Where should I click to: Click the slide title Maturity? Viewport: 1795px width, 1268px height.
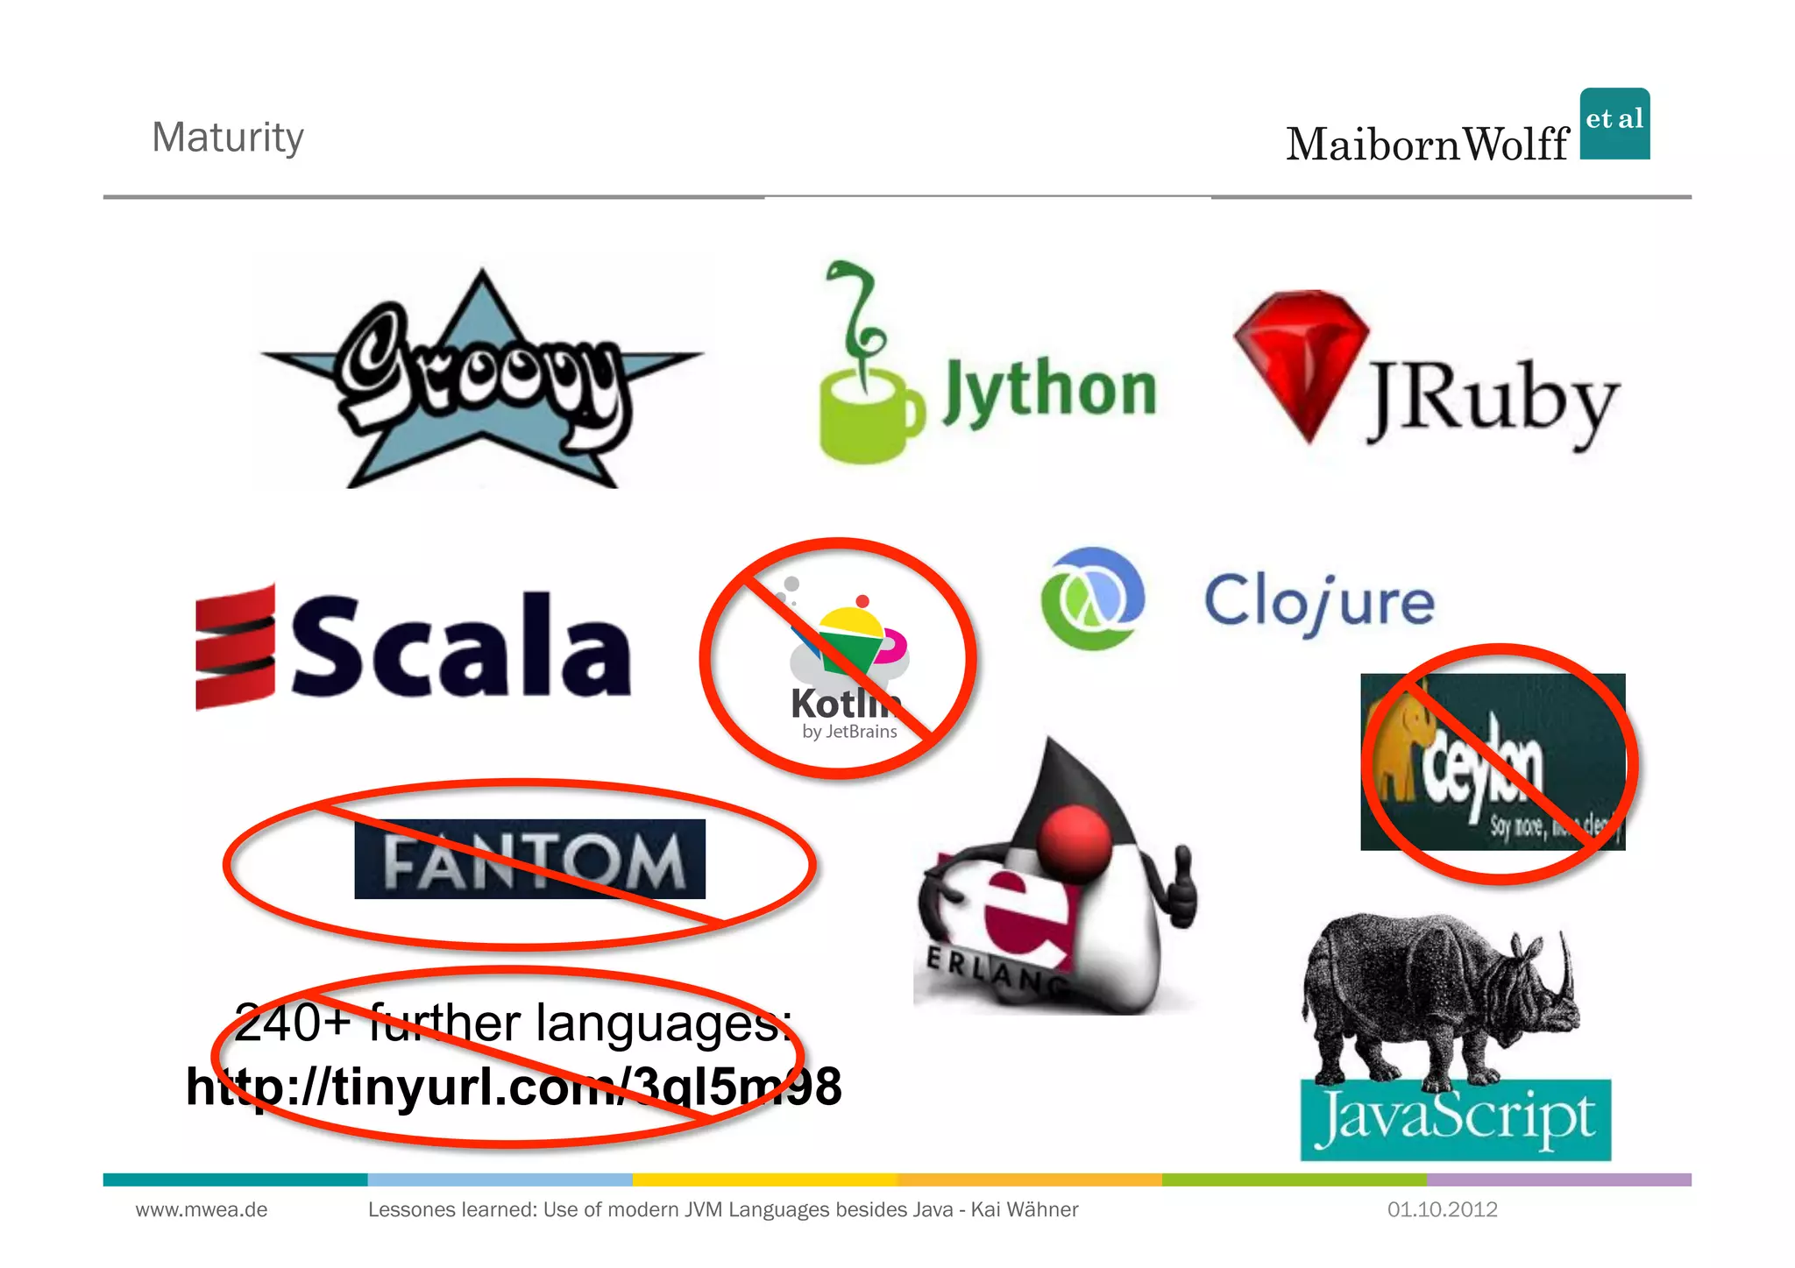coord(228,138)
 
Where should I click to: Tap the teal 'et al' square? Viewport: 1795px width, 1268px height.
coord(1614,124)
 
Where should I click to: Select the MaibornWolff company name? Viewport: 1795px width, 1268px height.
coord(1427,145)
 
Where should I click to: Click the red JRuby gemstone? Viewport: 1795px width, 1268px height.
coord(1301,360)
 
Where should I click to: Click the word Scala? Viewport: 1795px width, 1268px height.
coord(460,647)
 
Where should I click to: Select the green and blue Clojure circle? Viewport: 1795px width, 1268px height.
coord(1092,599)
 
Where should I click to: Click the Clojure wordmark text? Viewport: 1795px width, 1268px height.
coord(1319,603)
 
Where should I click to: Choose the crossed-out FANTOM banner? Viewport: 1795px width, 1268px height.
coord(529,860)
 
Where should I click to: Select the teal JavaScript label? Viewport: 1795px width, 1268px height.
coord(1455,1119)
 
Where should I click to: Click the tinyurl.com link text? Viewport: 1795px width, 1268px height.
coord(514,1087)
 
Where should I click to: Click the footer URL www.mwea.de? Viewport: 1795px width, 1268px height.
coord(202,1210)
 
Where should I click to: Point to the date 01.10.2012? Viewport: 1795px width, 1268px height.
coord(1442,1210)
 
